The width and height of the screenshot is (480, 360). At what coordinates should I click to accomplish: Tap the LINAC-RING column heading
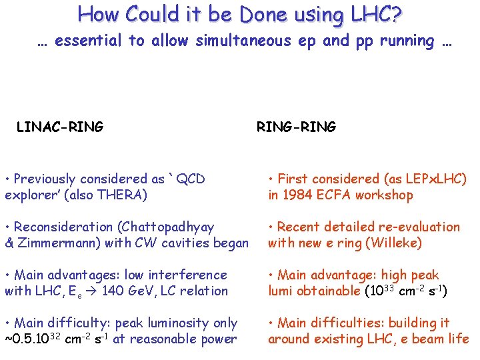(x=60, y=127)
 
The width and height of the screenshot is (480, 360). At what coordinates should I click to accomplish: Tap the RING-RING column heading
(x=297, y=127)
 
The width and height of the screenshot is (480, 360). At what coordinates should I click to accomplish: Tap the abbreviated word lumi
(x=281, y=291)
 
